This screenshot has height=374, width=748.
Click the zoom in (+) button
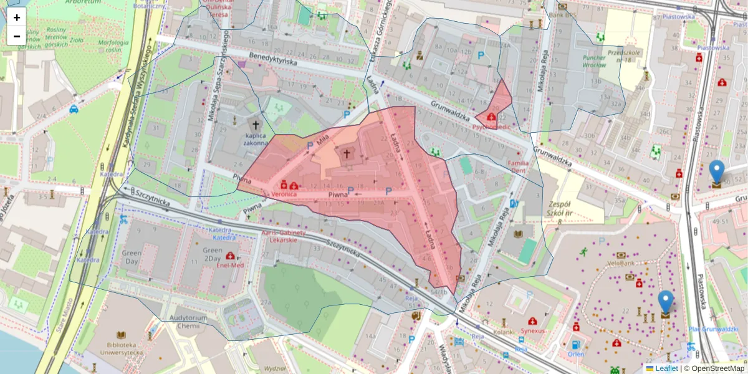tap(17, 17)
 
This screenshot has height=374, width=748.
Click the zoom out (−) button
tap(17, 36)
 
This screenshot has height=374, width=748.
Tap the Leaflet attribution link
tap(666, 368)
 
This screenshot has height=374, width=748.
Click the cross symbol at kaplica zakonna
tap(256, 124)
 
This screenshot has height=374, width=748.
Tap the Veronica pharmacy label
tap(284, 194)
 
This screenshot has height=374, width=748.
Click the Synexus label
tap(532, 330)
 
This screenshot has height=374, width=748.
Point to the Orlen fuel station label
tap(575, 353)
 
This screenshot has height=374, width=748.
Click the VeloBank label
tap(621, 263)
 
